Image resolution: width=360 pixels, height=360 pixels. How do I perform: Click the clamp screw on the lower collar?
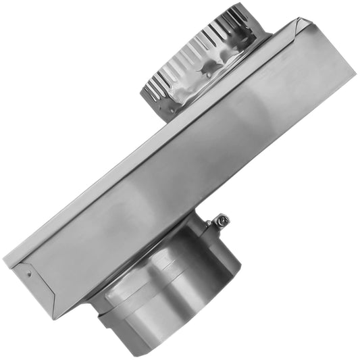[x=221, y=220]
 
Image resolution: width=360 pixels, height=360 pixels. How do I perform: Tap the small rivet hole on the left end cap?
[x=29, y=274]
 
